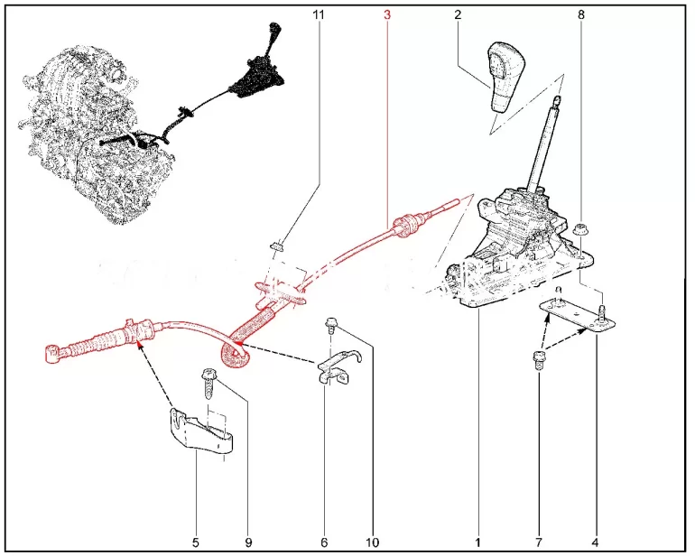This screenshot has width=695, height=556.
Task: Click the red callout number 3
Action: click(x=387, y=14)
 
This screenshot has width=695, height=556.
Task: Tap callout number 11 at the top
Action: click(x=319, y=14)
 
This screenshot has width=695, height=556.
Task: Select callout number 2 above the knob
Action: click(x=458, y=14)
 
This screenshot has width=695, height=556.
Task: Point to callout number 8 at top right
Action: click(x=581, y=14)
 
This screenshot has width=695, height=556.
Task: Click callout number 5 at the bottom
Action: click(x=196, y=542)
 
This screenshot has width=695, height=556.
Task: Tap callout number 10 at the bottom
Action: click(x=372, y=542)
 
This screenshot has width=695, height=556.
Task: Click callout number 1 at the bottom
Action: click(x=477, y=542)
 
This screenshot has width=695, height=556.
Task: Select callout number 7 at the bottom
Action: click(x=539, y=542)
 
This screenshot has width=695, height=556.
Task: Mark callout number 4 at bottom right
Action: click(x=595, y=542)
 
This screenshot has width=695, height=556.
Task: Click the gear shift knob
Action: click(x=505, y=76)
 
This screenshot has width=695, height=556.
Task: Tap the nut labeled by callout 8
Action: click(x=579, y=230)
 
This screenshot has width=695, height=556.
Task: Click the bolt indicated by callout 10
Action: click(x=330, y=325)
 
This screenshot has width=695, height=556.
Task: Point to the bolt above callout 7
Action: click(x=538, y=359)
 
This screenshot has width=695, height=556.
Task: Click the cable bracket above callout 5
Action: click(x=200, y=435)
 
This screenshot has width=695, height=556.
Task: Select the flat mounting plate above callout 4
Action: click(x=576, y=314)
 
